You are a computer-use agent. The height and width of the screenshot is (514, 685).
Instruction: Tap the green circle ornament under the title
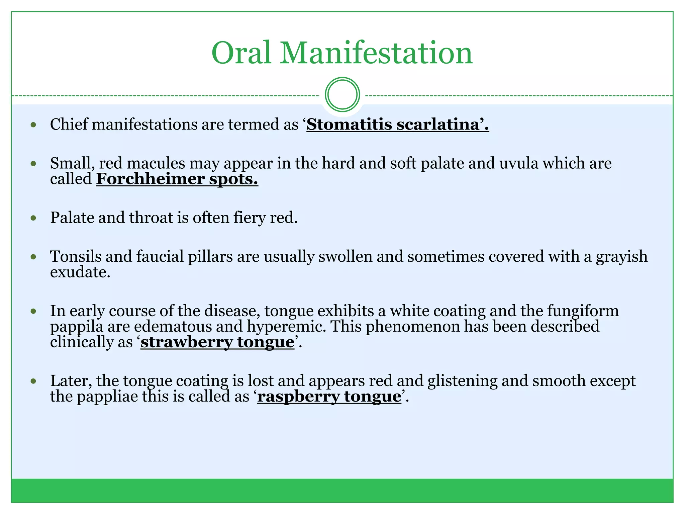click(342, 95)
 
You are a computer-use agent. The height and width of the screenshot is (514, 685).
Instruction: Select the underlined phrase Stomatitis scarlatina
click(397, 124)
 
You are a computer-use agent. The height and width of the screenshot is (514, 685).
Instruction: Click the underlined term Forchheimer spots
click(177, 179)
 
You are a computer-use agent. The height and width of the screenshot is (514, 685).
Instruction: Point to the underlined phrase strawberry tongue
click(217, 342)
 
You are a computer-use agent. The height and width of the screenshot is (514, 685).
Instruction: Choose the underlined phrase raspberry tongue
click(329, 397)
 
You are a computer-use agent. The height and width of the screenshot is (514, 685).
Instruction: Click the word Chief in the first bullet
click(69, 124)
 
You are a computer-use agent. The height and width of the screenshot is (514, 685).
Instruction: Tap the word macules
click(156, 164)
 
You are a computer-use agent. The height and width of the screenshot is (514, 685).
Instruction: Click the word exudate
click(80, 272)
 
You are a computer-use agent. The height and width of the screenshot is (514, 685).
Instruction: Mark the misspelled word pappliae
click(107, 397)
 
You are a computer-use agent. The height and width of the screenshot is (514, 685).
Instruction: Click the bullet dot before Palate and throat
click(33, 218)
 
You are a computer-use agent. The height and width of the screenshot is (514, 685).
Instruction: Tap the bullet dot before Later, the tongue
click(33, 381)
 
